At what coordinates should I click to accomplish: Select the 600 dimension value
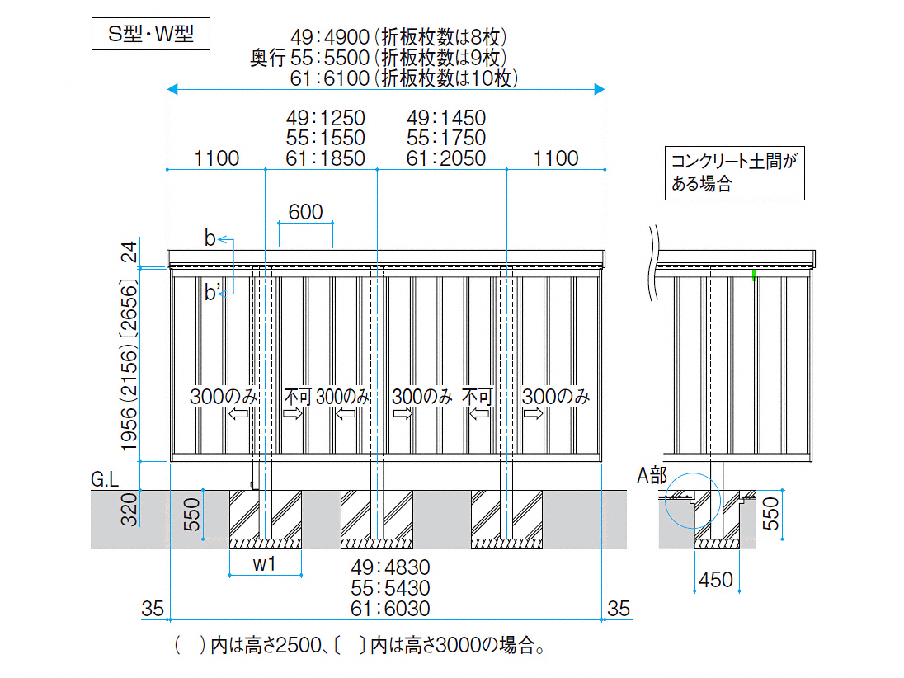click(x=305, y=212)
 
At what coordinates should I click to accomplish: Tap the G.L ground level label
click(x=105, y=478)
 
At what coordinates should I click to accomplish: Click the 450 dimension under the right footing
click(x=715, y=580)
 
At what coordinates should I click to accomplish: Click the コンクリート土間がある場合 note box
click(x=734, y=173)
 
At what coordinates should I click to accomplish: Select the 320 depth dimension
click(x=129, y=509)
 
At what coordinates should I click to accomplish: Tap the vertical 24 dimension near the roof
click(x=129, y=252)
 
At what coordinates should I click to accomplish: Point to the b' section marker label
click(x=213, y=292)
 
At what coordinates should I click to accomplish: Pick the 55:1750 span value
click(x=446, y=138)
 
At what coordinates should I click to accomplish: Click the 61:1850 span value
click(x=325, y=158)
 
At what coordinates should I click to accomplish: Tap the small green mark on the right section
click(x=753, y=273)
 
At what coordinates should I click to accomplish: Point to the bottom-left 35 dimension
click(x=153, y=609)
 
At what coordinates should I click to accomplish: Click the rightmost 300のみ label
click(x=556, y=396)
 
